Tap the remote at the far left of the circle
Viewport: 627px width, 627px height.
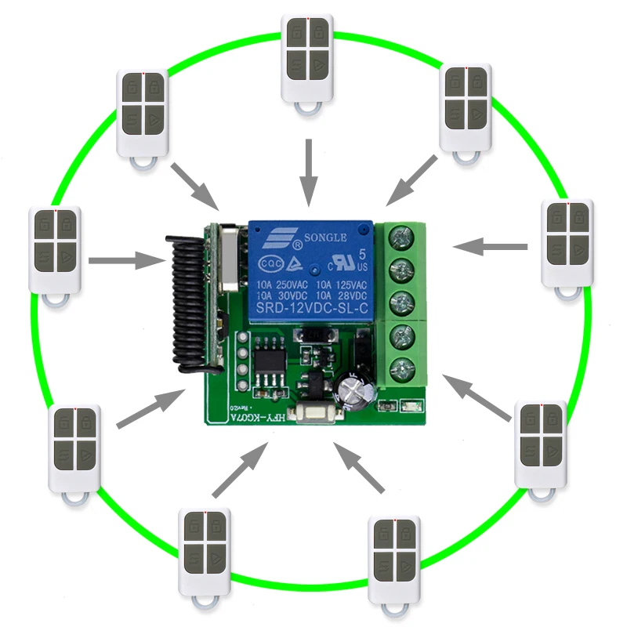click(55, 249)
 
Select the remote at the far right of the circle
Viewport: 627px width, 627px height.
click(568, 242)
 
